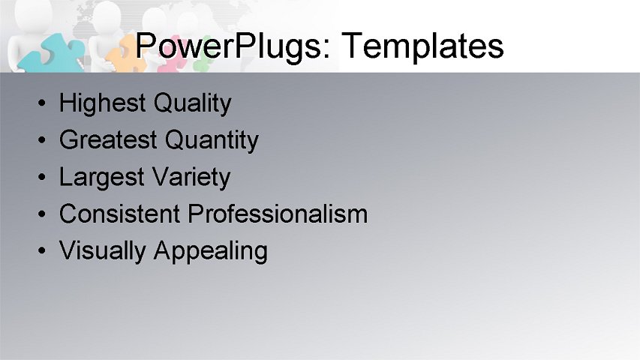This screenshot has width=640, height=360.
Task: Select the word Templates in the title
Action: click(x=422, y=46)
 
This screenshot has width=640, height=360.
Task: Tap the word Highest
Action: click(x=102, y=103)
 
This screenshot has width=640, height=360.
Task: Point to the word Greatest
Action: click(x=108, y=140)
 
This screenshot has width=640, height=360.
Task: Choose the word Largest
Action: click(x=102, y=178)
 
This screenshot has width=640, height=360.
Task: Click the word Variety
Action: click(x=191, y=178)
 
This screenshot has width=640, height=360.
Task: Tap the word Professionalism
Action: click(x=278, y=214)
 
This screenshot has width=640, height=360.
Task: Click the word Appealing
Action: click(x=210, y=251)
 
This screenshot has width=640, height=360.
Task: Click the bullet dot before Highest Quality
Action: click(x=44, y=103)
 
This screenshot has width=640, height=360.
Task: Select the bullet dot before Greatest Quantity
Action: click(x=44, y=140)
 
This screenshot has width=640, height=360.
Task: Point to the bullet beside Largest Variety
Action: click(x=44, y=178)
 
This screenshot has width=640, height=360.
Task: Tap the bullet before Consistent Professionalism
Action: click(x=44, y=214)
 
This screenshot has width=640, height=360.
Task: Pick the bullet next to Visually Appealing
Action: click(x=44, y=251)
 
